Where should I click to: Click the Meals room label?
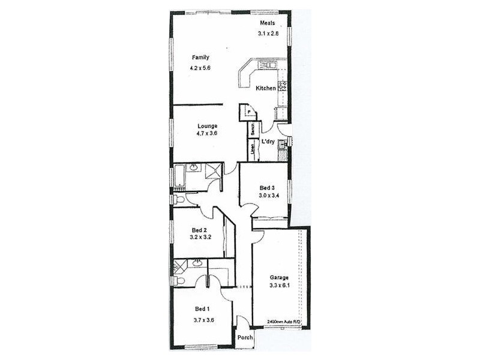pos(267,23)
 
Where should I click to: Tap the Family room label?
pos(200,58)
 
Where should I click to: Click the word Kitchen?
pos(266,88)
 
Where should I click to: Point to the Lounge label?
pos(207,126)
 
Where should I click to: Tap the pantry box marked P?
pos(246,112)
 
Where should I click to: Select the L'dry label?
pos(268,142)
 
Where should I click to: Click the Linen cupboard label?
pos(253,151)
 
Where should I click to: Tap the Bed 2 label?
pos(199,230)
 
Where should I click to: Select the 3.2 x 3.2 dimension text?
pos(199,238)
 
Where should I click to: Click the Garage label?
pos(279,278)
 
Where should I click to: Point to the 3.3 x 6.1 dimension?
pos(279,286)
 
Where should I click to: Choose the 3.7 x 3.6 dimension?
pos(203,320)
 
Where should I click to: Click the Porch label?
pos(245,338)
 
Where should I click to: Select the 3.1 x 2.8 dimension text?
pos(269,34)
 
